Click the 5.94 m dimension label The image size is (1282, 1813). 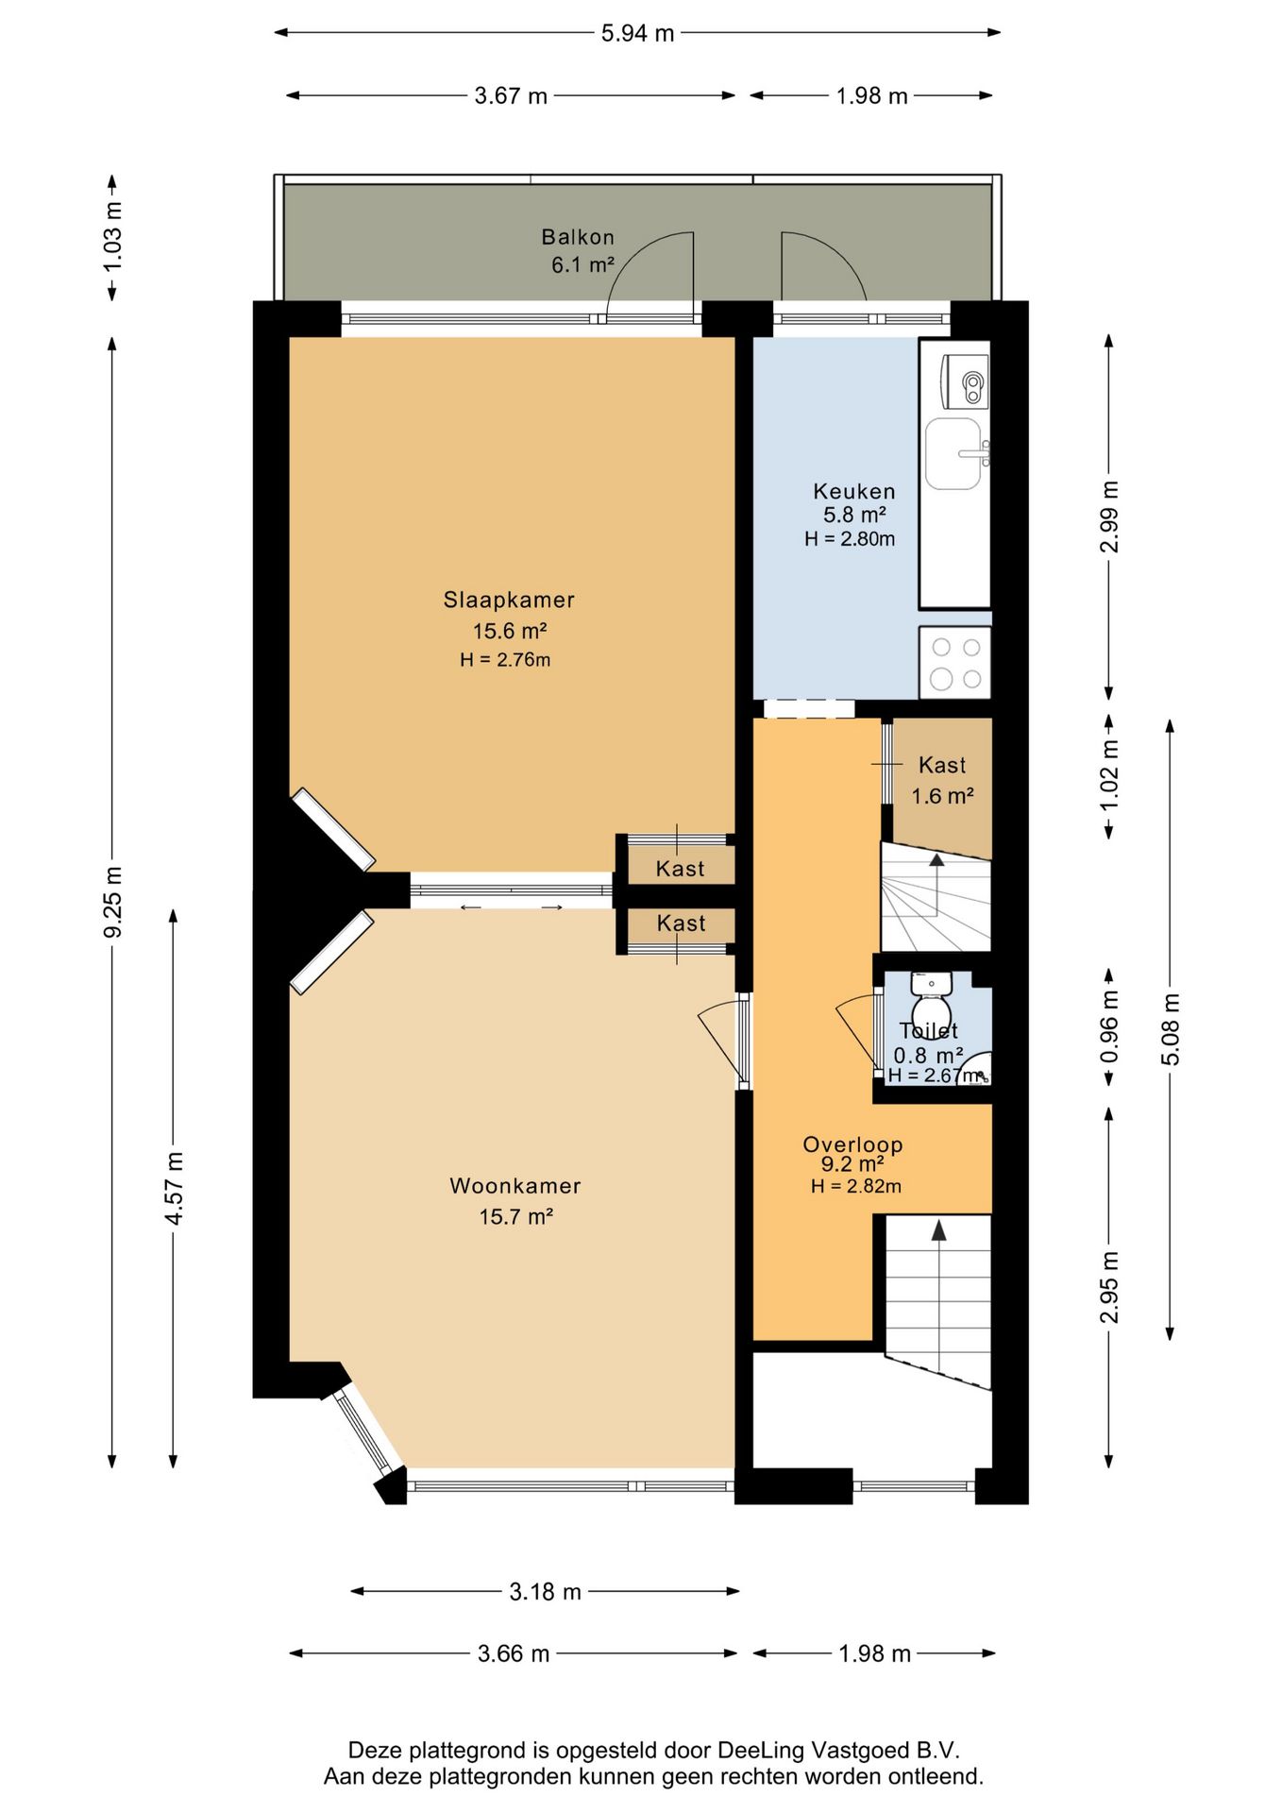[638, 33]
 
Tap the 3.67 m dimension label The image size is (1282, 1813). [511, 95]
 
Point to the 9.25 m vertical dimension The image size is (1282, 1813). [112, 902]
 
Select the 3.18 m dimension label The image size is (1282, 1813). [546, 1591]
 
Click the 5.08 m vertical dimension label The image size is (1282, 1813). [1170, 1029]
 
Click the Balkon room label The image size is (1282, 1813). [578, 237]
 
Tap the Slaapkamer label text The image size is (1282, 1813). [509, 600]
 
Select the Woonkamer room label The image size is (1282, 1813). [514, 1186]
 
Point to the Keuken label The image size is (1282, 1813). [854, 491]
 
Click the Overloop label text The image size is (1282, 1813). [853, 1144]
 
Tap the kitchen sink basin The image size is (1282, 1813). [953, 454]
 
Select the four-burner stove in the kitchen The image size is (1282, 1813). [954, 663]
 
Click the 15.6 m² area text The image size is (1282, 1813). [510, 631]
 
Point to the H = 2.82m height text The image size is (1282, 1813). [856, 1186]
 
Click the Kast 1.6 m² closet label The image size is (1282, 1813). [942, 780]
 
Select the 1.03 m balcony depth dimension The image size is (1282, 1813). [112, 238]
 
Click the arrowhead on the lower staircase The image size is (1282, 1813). [938, 1229]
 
